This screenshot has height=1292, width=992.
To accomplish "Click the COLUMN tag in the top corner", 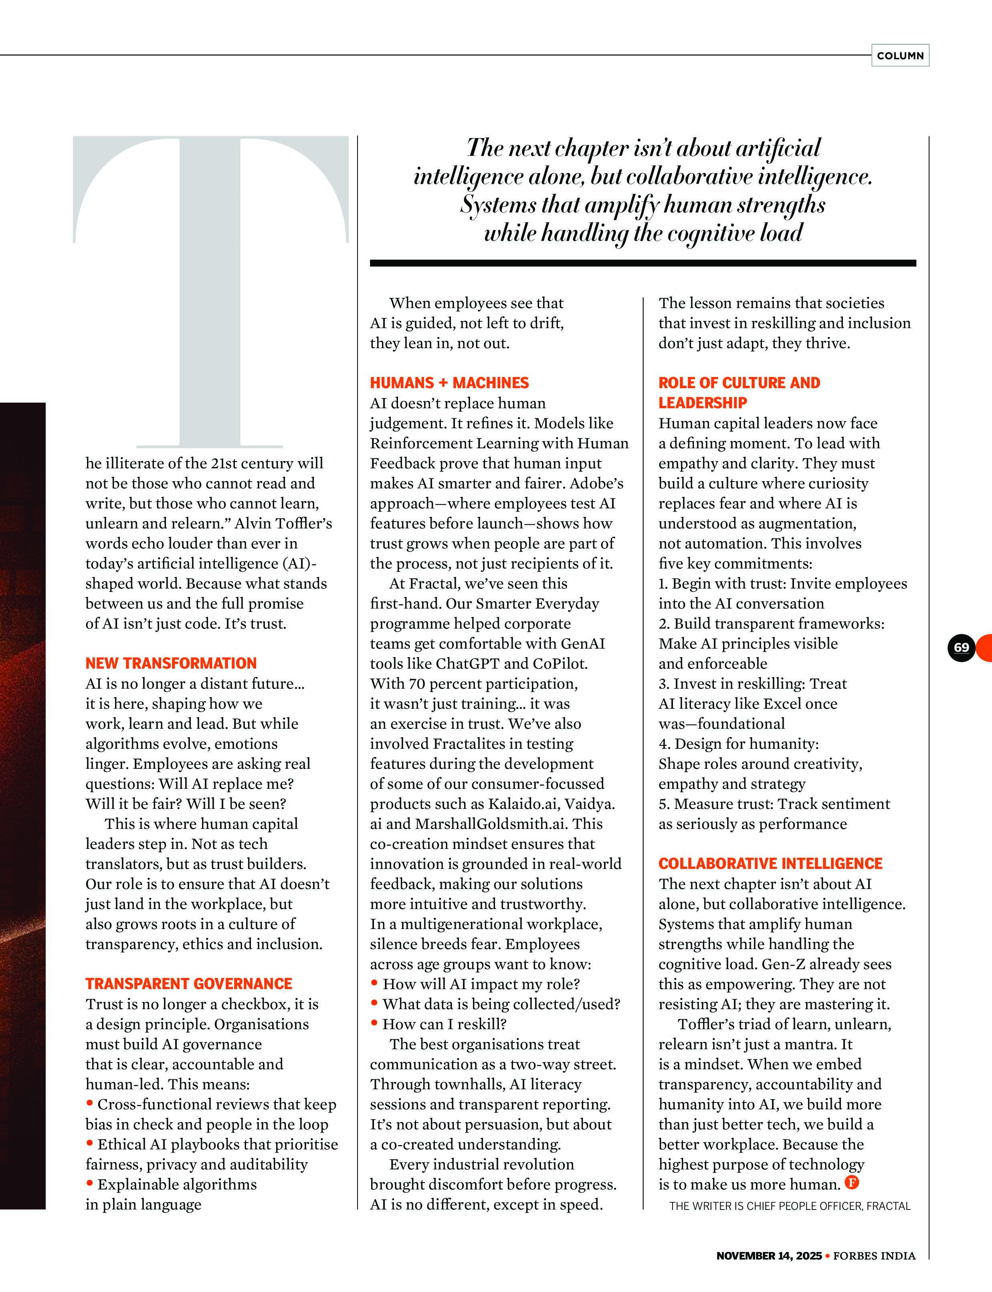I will click(900, 55).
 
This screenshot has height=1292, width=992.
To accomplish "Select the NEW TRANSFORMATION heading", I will click(171, 663).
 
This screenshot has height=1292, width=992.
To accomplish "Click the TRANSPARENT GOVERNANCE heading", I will click(189, 984).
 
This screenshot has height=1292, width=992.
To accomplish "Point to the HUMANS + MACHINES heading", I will click(449, 383).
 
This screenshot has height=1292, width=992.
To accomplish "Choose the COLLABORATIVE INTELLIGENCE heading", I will click(770, 864).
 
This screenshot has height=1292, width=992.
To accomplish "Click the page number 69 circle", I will click(961, 647).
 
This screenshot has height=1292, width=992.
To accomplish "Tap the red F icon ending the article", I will click(851, 1182).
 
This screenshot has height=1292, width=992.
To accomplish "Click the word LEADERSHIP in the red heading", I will click(703, 403).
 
